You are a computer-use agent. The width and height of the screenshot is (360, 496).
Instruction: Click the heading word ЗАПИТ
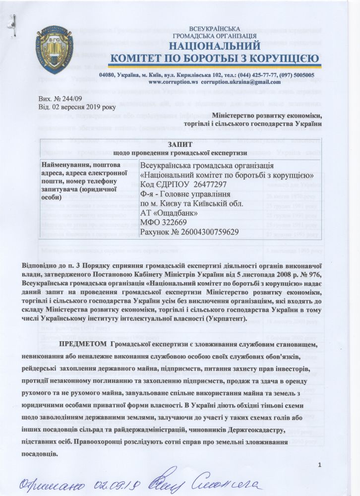[x=180, y=143]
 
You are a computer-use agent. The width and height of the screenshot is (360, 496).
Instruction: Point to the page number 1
[x=320, y=464]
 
